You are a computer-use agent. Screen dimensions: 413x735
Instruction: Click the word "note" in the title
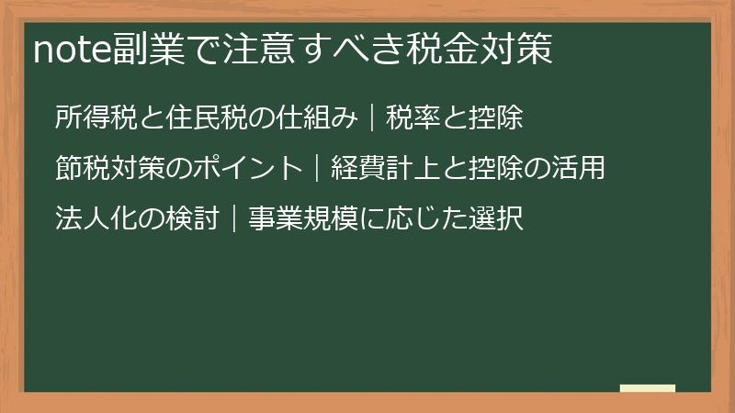coord(73,50)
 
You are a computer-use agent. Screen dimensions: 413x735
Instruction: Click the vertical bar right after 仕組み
coord(372,118)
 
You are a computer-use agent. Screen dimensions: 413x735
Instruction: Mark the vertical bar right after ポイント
coord(317,170)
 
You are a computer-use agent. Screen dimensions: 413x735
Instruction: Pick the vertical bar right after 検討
coord(234,221)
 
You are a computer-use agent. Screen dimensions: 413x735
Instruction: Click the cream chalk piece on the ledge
coord(648,387)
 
